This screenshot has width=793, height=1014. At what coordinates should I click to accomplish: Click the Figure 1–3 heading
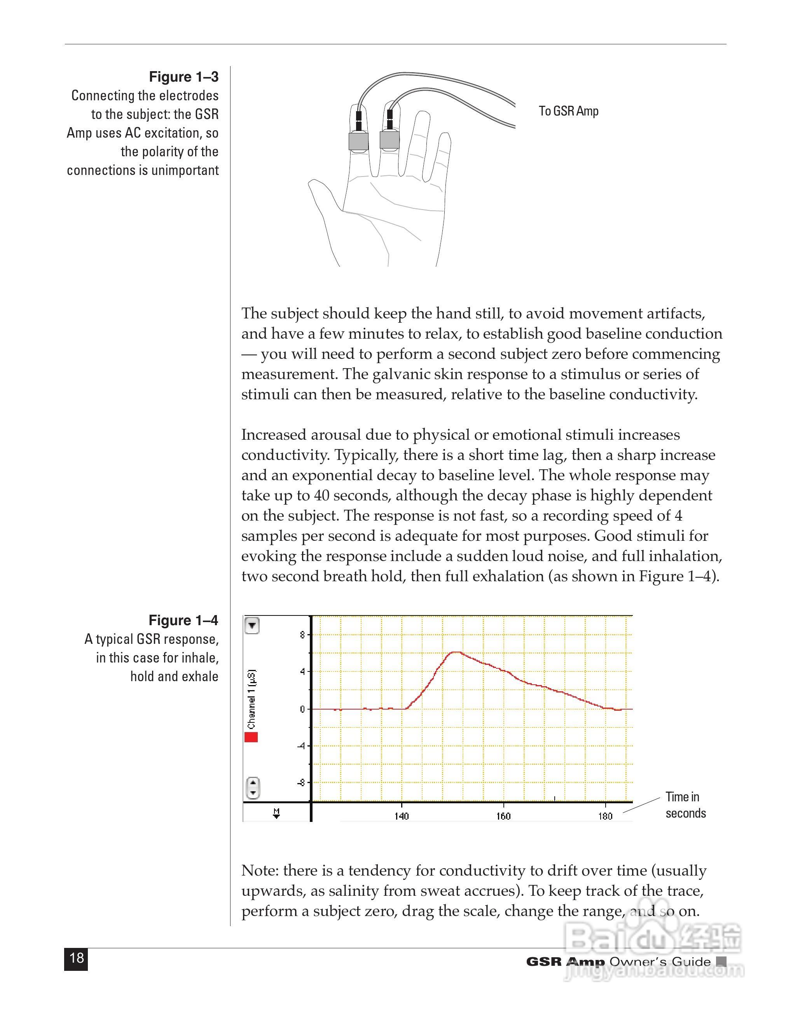click(x=183, y=77)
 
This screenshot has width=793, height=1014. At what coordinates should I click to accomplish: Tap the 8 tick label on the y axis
click(x=303, y=635)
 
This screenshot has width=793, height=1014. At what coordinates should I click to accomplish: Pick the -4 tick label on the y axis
click(x=301, y=746)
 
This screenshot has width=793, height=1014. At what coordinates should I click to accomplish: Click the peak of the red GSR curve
click(x=456, y=652)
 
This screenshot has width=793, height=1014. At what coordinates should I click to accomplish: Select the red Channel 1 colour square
click(x=251, y=737)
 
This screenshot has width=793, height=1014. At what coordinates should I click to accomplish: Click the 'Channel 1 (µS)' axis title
click(x=252, y=699)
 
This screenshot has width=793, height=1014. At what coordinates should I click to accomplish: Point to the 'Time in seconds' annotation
click(x=685, y=805)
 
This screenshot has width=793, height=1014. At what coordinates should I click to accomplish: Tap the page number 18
click(x=76, y=958)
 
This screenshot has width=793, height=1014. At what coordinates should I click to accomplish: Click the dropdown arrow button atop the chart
click(x=252, y=626)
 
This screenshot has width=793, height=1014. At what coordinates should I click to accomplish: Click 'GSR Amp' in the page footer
click(x=565, y=962)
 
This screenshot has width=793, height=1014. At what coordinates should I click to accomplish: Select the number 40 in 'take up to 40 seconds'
click(x=321, y=495)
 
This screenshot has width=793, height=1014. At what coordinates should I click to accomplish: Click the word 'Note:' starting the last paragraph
click(x=260, y=871)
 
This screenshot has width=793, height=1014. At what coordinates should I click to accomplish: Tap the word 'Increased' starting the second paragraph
click(x=273, y=435)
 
